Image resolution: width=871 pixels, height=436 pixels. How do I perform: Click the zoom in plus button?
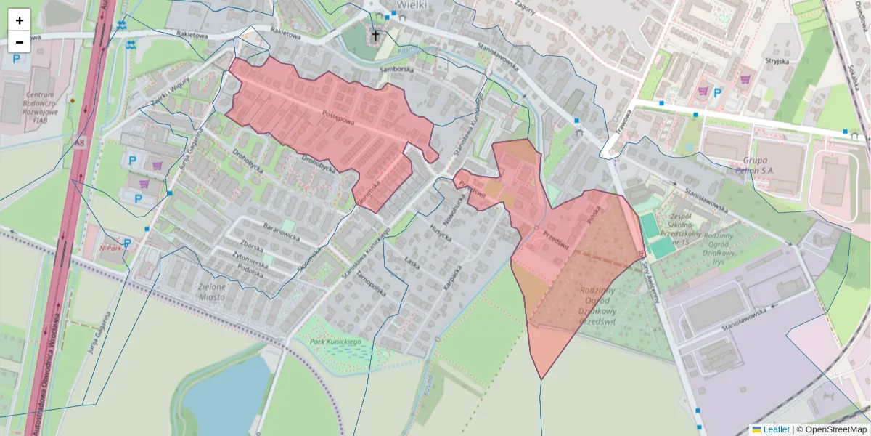tap(20, 20)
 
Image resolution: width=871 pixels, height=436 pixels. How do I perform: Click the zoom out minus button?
tap(20, 42)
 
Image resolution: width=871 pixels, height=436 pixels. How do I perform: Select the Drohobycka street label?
tap(317, 159)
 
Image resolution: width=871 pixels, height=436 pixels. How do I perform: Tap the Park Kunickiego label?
tap(335, 340)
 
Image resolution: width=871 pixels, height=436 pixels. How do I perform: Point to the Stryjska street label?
tap(777, 62)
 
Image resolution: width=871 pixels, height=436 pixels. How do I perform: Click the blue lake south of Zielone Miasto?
tap(221, 392)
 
